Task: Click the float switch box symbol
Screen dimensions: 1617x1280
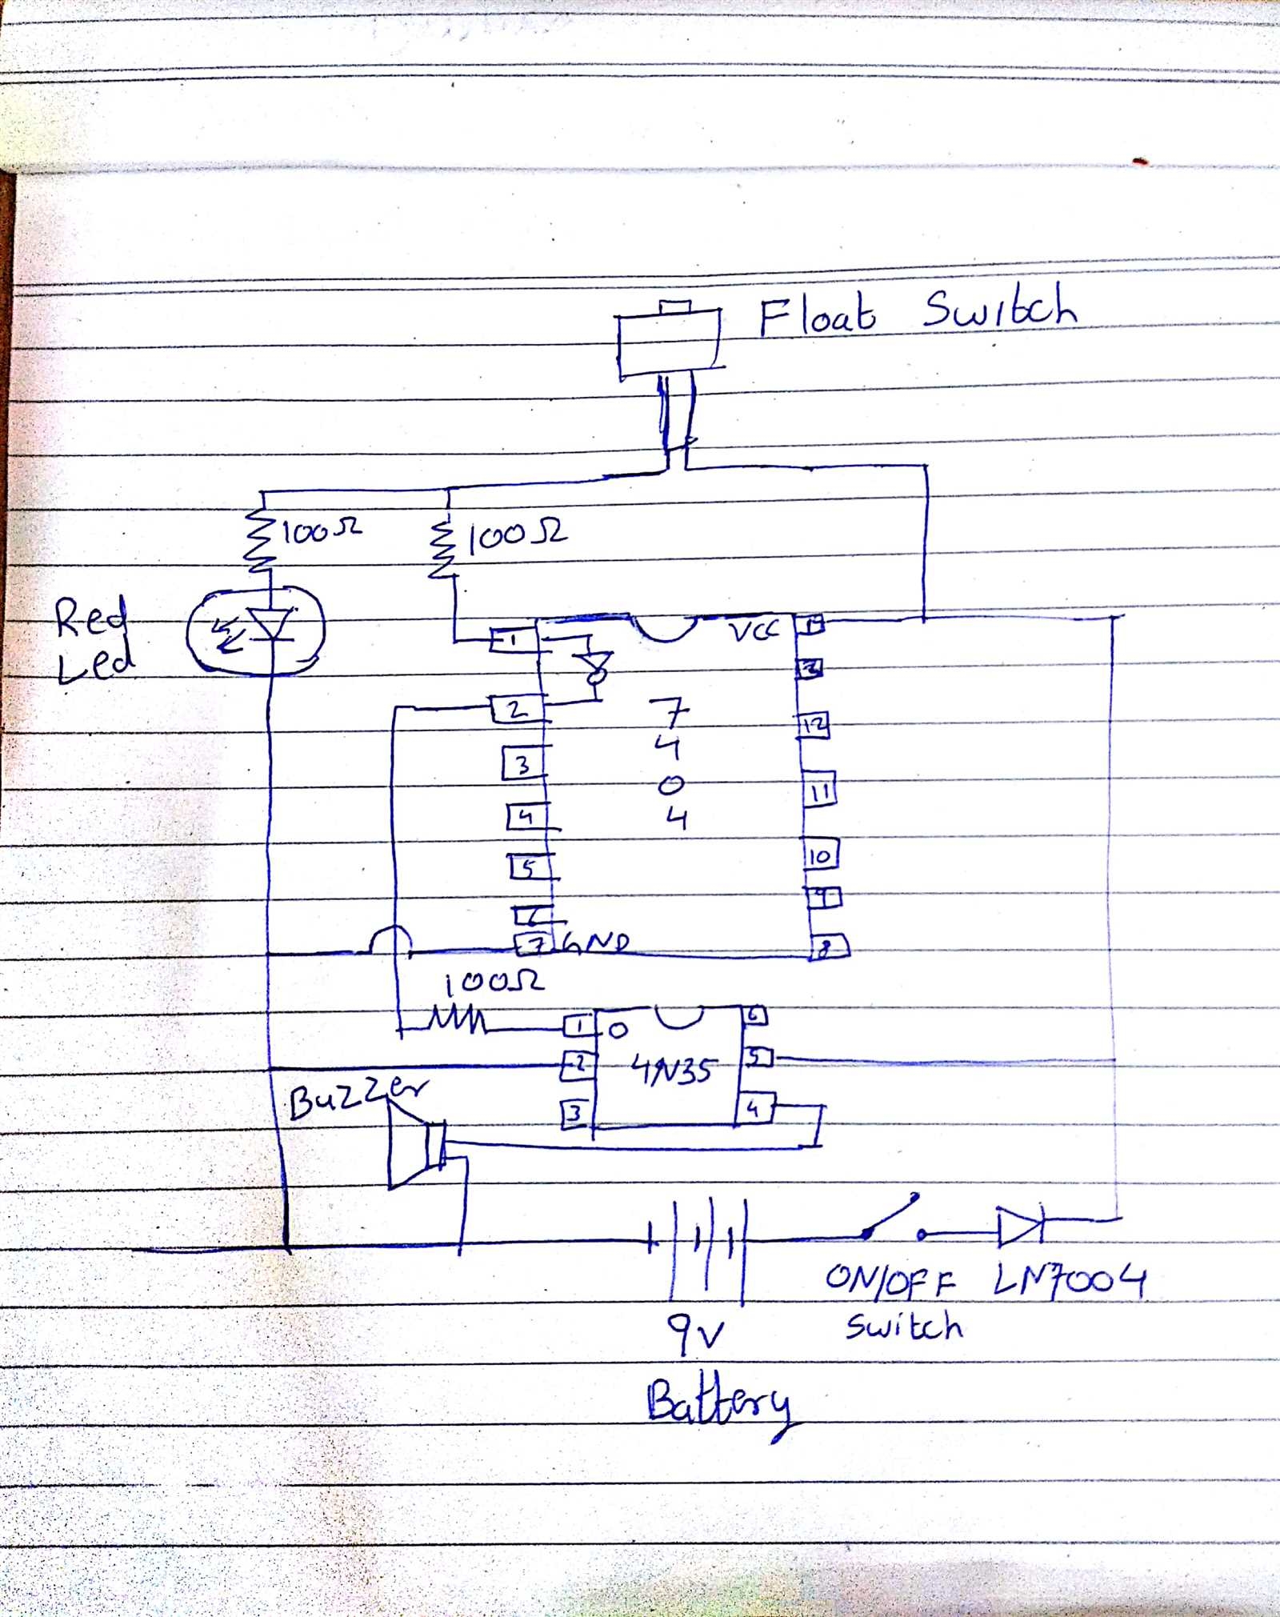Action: [669, 342]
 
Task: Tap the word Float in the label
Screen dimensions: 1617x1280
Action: [816, 315]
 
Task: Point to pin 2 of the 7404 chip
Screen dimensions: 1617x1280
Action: [516, 709]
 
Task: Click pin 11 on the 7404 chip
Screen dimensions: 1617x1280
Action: [819, 791]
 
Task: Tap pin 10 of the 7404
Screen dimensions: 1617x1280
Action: [820, 856]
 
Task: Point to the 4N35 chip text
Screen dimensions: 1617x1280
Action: [670, 1069]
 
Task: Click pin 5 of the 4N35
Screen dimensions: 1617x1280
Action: [757, 1058]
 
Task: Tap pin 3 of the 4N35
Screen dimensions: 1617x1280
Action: [574, 1113]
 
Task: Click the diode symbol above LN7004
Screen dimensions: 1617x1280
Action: [1019, 1227]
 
